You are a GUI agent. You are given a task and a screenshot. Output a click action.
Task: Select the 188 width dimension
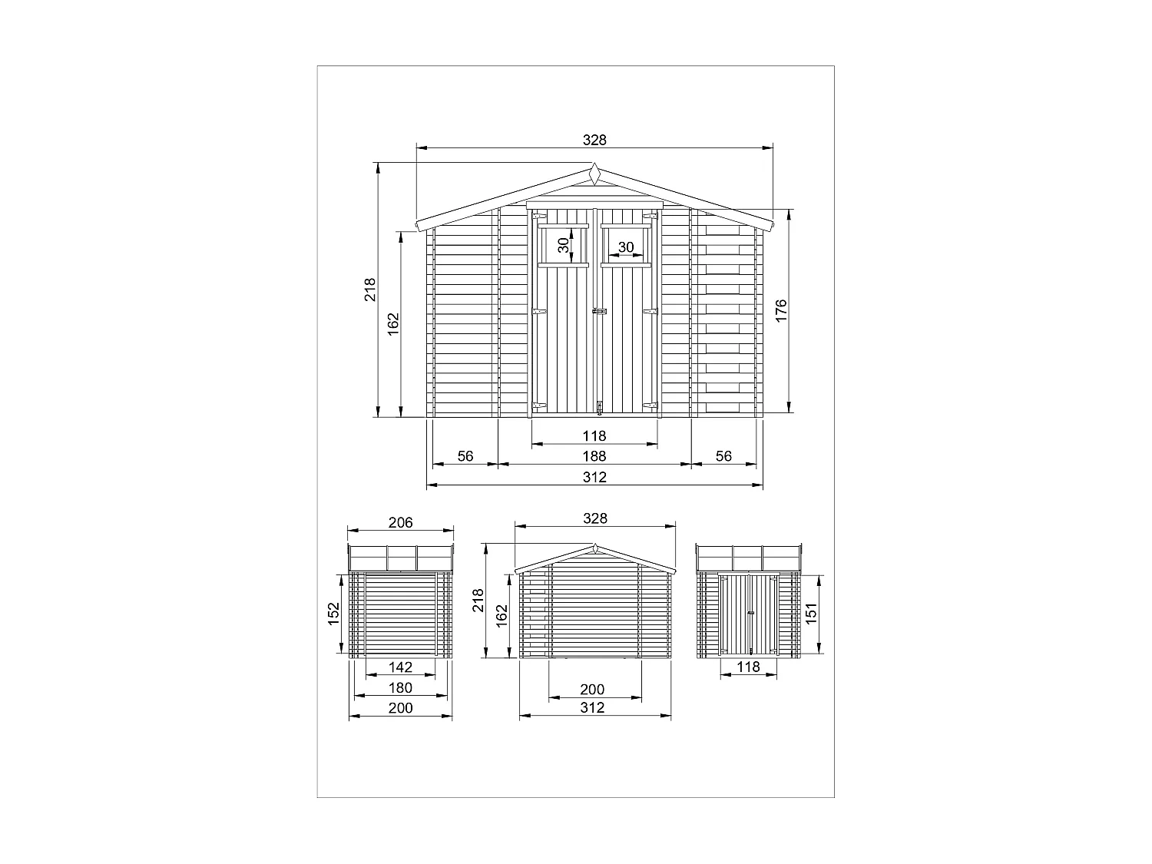click(x=594, y=456)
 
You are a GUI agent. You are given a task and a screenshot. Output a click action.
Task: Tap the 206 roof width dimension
click(x=400, y=522)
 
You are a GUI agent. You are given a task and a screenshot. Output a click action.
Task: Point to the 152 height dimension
click(x=333, y=614)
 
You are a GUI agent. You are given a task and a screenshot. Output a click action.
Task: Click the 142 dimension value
click(x=400, y=667)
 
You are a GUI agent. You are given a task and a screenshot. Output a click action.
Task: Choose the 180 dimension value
click(x=400, y=687)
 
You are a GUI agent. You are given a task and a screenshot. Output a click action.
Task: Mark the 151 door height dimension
click(x=811, y=614)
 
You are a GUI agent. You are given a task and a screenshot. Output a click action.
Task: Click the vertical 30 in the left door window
click(x=564, y=246)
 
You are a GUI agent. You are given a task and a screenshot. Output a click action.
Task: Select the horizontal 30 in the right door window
click(x=626, y=247)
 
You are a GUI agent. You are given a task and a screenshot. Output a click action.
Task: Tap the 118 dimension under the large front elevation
click(x=594, y=436)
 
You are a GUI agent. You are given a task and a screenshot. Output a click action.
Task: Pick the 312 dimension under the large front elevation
click(x=594, y=477)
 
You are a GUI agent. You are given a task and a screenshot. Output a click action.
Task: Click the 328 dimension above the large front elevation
click(x=594, y=140)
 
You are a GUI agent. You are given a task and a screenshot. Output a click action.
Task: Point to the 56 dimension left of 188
click(x=465, y=456)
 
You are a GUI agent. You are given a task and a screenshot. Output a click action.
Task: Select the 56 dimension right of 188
click(x=723, y=456)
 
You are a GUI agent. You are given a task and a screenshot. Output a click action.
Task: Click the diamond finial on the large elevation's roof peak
click(x=594, y=174)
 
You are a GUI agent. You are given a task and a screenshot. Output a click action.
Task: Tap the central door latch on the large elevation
click(x=598, y=312)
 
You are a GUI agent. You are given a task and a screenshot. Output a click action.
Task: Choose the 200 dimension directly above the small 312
click(x=592, y=690)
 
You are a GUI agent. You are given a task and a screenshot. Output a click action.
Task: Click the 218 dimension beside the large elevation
click(x=370, y=290)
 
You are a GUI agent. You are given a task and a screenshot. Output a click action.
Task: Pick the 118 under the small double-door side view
click(x=748, y=667)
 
